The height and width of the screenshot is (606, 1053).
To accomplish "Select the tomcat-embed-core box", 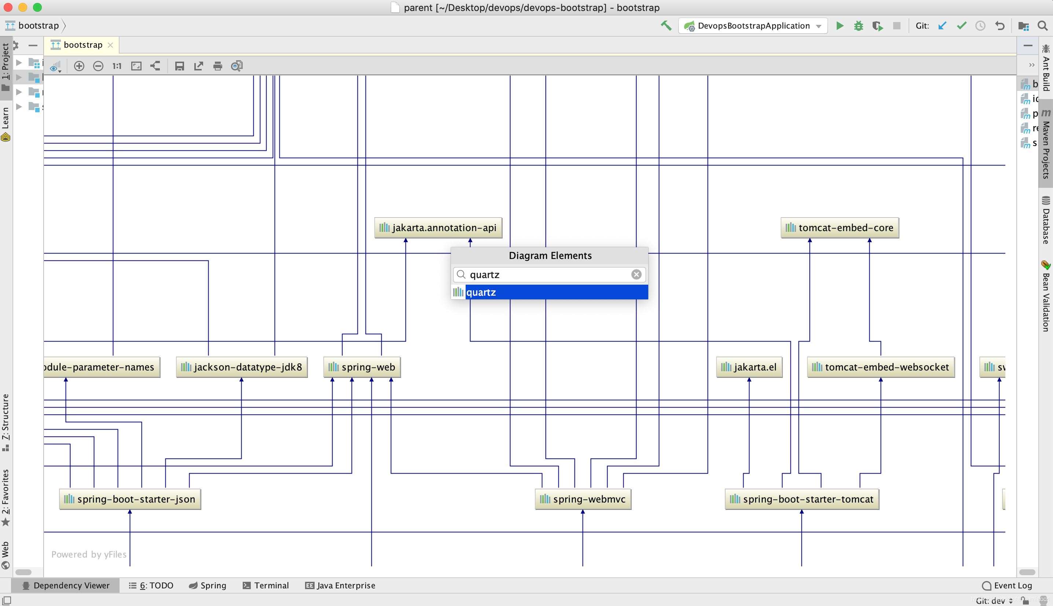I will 840,228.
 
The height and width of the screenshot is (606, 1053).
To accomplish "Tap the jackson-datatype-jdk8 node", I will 242,367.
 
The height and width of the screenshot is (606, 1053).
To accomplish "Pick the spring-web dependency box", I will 362,367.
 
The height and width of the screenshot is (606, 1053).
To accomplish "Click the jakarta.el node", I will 749,367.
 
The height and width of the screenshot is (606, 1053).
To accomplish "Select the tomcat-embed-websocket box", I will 880,367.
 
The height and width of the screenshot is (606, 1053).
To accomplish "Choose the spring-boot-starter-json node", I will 130,499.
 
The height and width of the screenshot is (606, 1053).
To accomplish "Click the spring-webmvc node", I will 583,499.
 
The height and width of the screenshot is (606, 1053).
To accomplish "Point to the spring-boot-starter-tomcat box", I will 802,499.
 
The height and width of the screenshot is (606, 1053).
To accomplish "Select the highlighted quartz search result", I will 549,292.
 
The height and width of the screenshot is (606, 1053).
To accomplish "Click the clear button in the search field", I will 636,274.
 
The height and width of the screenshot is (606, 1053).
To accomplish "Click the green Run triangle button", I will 840,26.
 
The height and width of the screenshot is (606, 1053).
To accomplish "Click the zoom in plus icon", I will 79,66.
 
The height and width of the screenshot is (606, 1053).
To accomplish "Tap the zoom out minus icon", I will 98,66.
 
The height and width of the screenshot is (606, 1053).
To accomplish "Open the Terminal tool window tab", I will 266,585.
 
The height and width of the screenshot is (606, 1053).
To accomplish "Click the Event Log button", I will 1007,585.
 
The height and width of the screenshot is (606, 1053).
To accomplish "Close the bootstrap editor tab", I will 110,45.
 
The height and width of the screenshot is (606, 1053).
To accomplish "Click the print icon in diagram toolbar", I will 217,66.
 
